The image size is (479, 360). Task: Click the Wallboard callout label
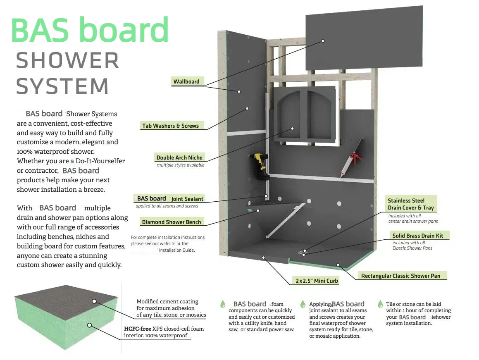pos(186,81)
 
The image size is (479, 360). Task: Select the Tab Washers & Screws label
pos(170,126)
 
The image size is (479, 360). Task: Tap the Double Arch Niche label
pos(179,157)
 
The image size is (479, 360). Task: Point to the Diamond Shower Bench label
pos(172,222)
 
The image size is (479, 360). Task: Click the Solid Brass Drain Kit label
pos(417,236)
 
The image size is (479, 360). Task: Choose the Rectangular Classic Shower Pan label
pos(400,276)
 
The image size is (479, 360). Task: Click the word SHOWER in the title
pos(68,61)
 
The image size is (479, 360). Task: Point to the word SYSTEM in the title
pos(62,86)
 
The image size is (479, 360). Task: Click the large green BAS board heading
pos(90,29)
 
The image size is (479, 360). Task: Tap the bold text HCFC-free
pos(138,329)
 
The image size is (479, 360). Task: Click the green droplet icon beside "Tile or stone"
pos(380,304)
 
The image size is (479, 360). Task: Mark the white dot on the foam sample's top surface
pos(94,301)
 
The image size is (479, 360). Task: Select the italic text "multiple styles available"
pos(180,165)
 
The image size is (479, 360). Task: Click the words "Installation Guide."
pos(176,250)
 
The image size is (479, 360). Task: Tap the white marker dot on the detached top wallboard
pos(323,41)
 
